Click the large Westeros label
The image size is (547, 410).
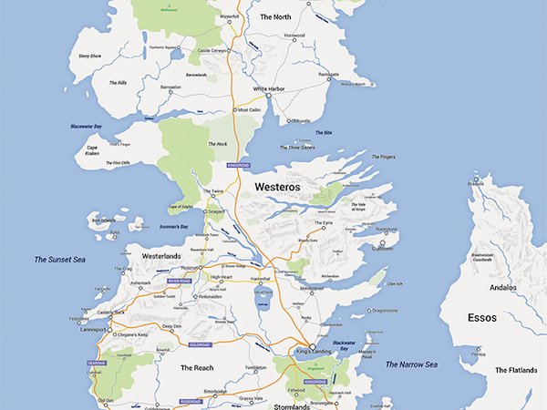[277, 187]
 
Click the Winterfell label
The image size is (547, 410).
[231, 16]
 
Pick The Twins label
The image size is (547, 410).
[212, 191]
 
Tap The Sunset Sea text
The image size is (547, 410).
[59, 260]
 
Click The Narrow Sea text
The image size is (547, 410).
[411, 364]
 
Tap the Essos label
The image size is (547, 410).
[482, 320]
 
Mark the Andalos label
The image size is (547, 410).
[502, 287]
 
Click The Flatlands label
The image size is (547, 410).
[516, 370]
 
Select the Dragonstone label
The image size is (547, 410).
[373, 311]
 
